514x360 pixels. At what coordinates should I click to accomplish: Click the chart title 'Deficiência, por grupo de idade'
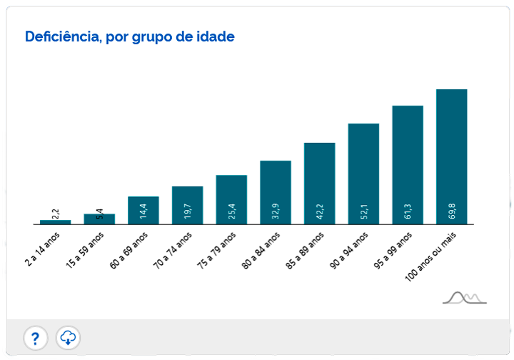coord(129,36)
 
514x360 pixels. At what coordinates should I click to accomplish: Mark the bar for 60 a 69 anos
coord(143,210)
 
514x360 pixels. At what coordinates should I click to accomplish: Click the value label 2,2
coord(56,213)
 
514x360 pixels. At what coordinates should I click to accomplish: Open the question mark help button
coord(36,337)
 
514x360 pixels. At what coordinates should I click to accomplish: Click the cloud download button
coord(68,337)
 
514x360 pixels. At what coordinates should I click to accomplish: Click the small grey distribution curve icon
coord(464,297)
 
